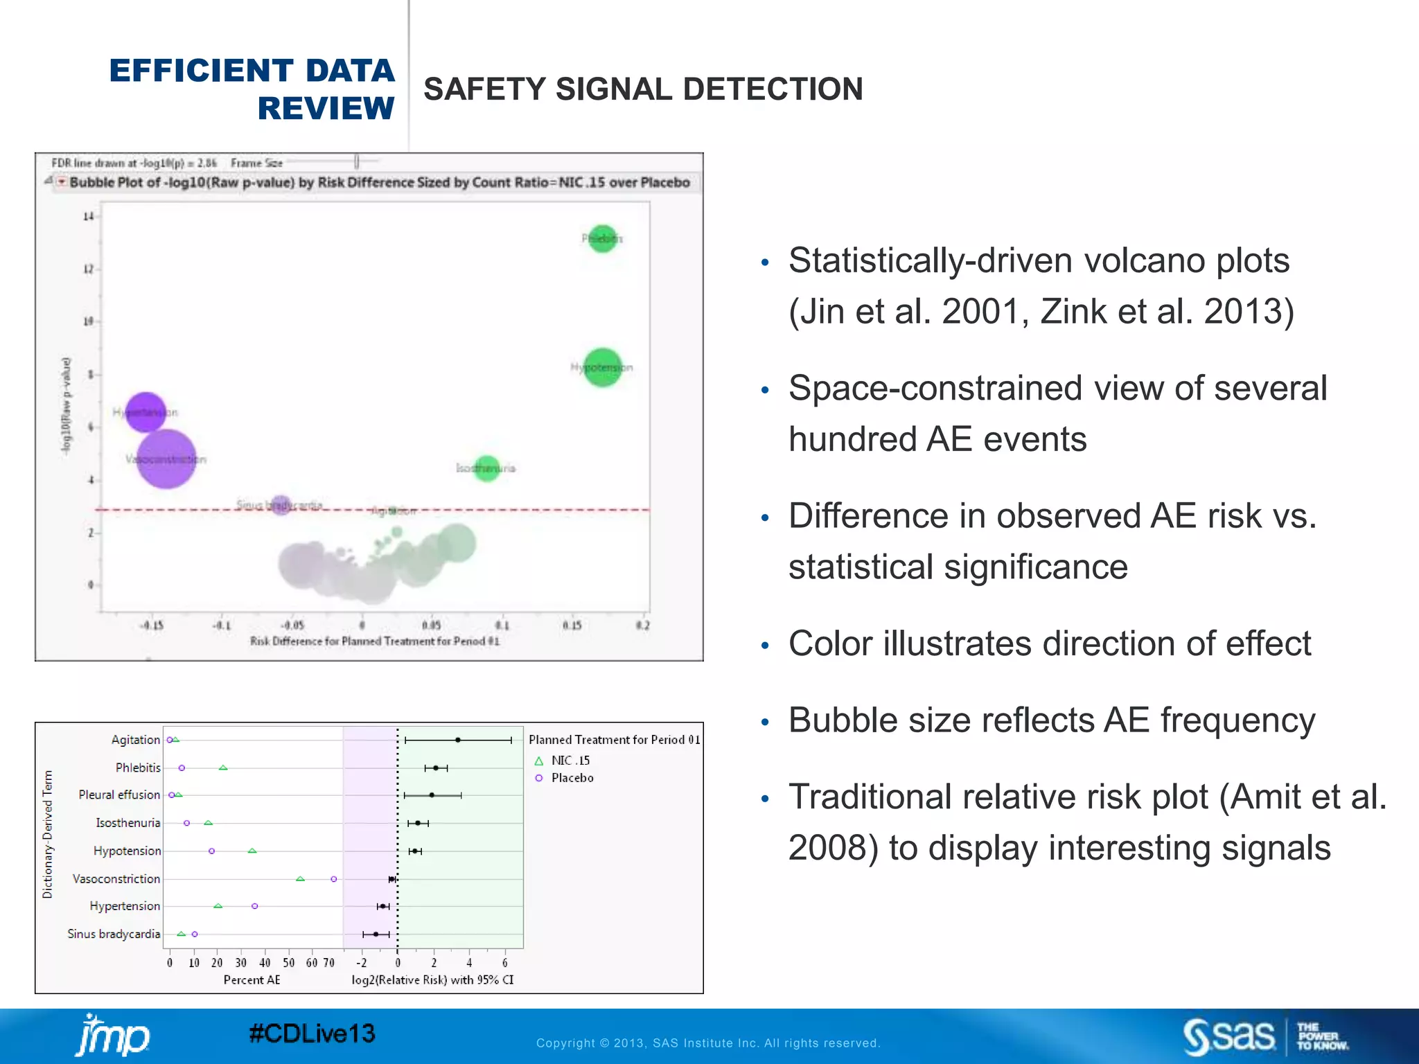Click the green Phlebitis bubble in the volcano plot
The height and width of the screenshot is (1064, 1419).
click(602, 239)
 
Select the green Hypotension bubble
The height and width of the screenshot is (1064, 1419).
click(602, 367)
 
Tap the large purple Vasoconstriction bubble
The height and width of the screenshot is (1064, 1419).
click(166, 459)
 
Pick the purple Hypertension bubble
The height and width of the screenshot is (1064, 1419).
click(146, 411)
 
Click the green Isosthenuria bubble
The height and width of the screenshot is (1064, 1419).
click(487, 468)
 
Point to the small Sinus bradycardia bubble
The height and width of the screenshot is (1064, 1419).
click(281, 505)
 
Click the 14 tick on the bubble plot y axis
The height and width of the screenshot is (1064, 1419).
click(88, 217)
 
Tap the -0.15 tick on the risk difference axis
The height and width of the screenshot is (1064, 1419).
click(152, 625)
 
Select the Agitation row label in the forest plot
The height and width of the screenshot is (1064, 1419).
click(135, 740)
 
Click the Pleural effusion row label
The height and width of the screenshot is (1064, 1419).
click(119, 795)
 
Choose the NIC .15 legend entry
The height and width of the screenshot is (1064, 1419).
click(570, 761)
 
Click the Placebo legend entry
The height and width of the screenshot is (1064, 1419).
click(572, 778)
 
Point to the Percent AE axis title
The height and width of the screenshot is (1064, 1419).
click(252, 979)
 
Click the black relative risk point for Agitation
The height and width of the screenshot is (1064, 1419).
click(458, 740)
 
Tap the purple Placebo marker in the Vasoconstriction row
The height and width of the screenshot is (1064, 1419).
click(334, 879)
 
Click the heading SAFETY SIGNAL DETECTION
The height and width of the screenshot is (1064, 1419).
click(643, 89)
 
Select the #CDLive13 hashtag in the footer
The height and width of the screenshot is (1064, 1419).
click(312, 1034)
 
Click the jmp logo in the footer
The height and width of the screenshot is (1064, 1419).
click(112, 1036)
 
